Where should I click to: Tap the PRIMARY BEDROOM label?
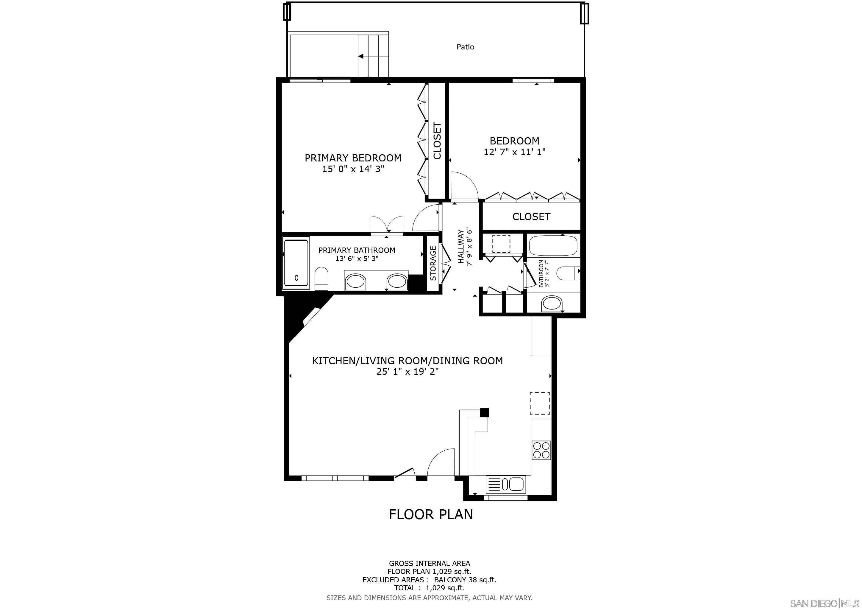[353, 158]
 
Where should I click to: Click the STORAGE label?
[433, 263]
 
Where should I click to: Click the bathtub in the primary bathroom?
[296, 263]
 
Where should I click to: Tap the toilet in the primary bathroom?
[321, 278]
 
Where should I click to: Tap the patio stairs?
[374, 56]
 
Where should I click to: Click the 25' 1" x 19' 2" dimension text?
[408, 371]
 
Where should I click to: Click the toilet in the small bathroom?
[568, 273]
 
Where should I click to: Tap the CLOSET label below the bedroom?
[531, 217]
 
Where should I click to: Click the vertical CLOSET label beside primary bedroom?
[437, 141]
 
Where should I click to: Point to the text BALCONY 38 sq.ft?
[465, 580]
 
